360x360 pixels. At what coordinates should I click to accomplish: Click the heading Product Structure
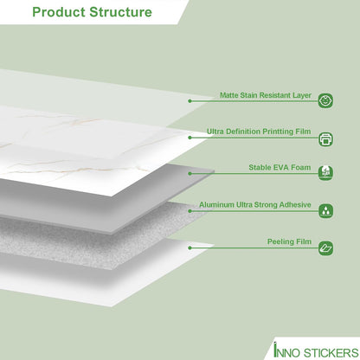92,12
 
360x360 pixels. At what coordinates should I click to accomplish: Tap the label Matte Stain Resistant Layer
266,95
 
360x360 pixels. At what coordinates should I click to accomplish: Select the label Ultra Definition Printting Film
259,132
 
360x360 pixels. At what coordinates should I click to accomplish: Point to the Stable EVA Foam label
280,168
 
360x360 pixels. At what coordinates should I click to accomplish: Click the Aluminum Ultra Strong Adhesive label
255,205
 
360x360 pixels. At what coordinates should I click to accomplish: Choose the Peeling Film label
289,241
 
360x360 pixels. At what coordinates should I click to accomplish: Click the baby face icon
325,100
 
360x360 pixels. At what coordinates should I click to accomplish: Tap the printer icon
325,139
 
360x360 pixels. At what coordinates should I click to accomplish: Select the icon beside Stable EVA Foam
325,173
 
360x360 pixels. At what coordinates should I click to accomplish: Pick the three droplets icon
325,210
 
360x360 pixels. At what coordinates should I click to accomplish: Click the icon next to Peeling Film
325,248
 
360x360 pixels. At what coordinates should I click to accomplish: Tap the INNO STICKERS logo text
316,350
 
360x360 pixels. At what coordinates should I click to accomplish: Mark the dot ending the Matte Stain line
190,101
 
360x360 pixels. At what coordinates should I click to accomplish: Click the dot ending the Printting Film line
190,138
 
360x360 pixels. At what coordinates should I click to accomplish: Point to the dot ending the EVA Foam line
190,174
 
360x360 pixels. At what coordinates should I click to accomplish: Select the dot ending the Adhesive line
190,211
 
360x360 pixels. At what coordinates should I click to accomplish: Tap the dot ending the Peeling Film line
190,247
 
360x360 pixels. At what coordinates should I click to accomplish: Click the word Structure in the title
120,12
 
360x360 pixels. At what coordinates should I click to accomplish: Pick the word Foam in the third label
301,168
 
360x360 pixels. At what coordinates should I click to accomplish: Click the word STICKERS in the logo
331,353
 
